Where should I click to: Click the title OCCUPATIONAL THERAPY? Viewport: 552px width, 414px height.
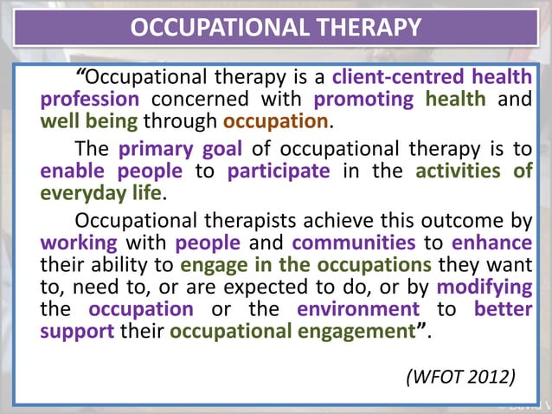click(275, 28)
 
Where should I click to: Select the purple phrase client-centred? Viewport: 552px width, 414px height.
click(388, 77)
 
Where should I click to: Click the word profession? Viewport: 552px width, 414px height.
click(90, 100)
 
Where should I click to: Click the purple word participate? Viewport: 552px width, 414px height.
click(279, 170)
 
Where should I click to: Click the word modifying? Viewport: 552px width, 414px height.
click(485, 286)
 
